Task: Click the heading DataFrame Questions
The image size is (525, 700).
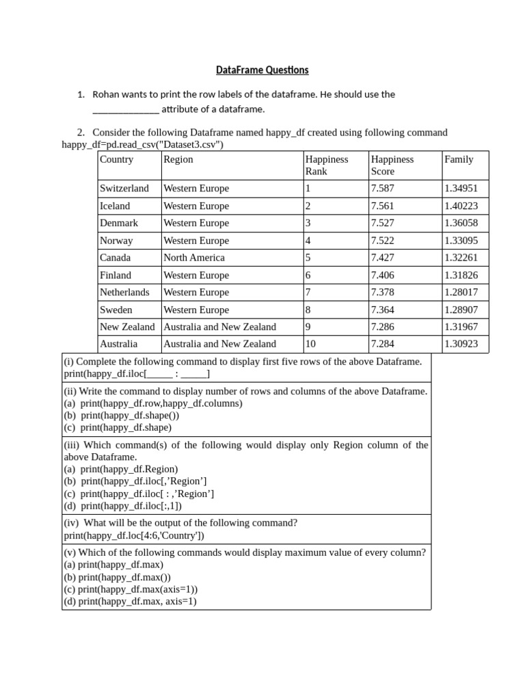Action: pyautogui.click(x=262, y=70)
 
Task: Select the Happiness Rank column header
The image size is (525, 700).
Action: pyautogui.click(x=327, y=165)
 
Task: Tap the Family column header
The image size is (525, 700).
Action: pyautogui.click(x=459, y=159)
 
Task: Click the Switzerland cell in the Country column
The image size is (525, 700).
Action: pyautogui.click(x=124, y=188)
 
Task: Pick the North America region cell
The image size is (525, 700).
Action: pyautogui.click(x=194, y=258)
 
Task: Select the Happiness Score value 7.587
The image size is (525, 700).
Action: pyautogui.click(x=382, y=188)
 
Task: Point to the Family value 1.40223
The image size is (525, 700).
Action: pyautogui.click(x=461, y=206)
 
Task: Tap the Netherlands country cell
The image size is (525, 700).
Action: pyautogui.click(x=124, y=292)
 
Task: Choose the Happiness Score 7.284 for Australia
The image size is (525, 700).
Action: pyautogui.click(x=382, y=344)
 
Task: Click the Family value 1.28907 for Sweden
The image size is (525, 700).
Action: pyautogui.click(x=461, y=310)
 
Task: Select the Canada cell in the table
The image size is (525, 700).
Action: pyautogui.click(x=115, y=258)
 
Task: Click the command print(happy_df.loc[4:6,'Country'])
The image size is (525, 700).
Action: pyautogui.click(x=134, y=535)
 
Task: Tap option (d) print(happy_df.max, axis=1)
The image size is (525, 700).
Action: pyautogui.click(x=130, y=602)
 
